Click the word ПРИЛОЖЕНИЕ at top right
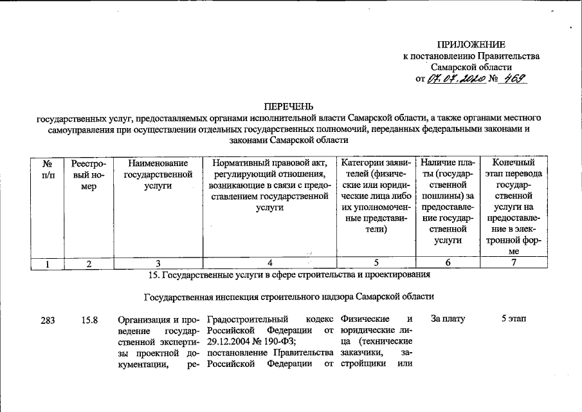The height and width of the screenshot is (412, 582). [471, 44]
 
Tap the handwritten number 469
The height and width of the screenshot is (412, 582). [514, 79]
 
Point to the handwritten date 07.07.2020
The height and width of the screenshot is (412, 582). [455, 79]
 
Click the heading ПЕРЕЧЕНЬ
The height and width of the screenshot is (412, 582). [290, 106]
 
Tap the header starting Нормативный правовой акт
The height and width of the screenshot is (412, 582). [269, 186]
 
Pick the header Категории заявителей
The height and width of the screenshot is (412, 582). [377, 198]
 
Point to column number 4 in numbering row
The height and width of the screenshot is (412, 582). [270, 263]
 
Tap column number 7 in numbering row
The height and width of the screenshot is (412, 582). [513, 263]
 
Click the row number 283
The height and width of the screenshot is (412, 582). [48, 319]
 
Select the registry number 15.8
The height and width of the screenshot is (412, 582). [89, 319]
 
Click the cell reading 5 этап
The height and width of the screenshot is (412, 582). [513, 319]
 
